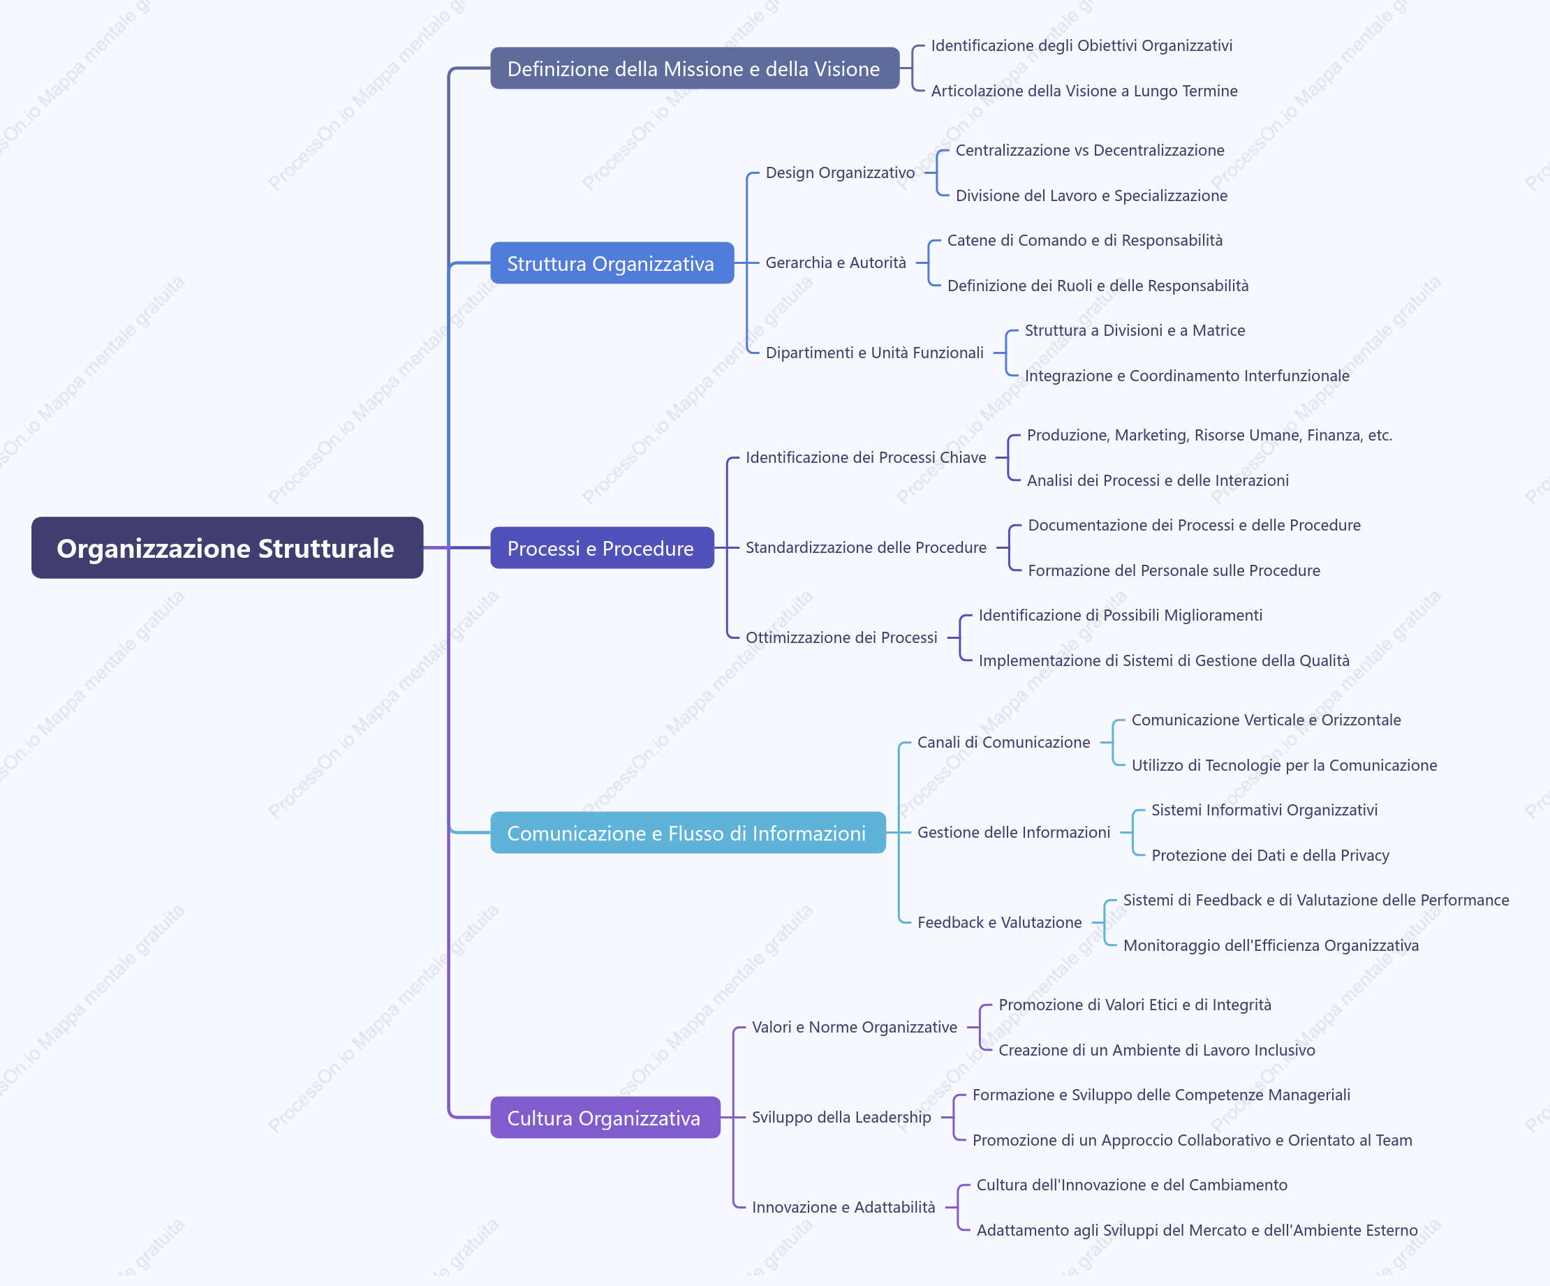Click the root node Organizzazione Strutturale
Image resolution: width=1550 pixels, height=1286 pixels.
[x=228, y=548]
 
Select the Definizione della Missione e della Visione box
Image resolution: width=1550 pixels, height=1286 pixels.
[x=695, y=68]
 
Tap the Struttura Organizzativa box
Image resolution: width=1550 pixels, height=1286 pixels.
[x=612, y=263]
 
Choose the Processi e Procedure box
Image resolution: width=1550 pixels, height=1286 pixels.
[x=603, y=548]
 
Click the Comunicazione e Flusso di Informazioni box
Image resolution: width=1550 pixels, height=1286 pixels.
[x=688, y=833]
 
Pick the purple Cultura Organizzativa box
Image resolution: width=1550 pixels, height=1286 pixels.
[x=605, y=1118]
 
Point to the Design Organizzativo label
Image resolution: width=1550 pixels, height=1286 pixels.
[x=840, y=172]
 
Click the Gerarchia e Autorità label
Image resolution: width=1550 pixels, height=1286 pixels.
[x=836, y=263]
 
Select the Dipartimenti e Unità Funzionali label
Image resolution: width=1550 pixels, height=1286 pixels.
[x=875, y=353]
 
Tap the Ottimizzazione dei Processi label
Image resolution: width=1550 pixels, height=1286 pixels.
[x=841, y=638]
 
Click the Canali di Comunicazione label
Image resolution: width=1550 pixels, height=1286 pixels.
[x=1004, y=743]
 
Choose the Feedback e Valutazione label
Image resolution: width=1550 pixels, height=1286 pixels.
[x=999, y=923]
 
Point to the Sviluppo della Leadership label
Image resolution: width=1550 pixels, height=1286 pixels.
[x=841, y=1118]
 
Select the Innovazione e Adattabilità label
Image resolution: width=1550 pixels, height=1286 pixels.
[x=843, y=1208]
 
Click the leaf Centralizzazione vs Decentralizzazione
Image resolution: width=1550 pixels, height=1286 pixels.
[x=1090, y=151]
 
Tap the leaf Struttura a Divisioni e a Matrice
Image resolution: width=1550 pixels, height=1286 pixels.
[x=1135, y=331]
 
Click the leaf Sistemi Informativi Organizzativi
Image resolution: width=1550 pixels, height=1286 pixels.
[x=1264, y=811]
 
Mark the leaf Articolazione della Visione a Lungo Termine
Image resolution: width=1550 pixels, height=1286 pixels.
[x=1084, y=91]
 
